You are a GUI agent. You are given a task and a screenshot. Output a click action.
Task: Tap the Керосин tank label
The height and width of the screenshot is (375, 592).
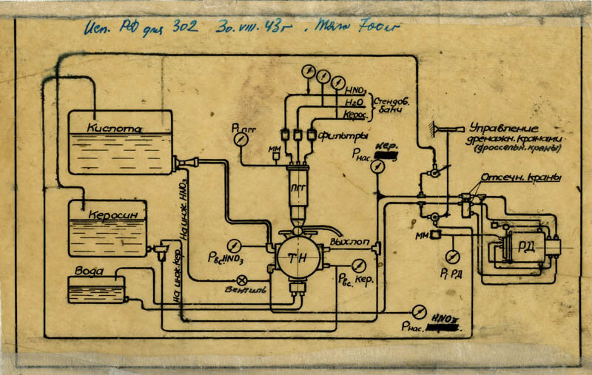coord(110,214)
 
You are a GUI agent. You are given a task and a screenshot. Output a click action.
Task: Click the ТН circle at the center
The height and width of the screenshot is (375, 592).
coord(299,255)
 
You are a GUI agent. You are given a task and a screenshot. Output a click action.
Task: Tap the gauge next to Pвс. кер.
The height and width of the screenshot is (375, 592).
coord(359,266)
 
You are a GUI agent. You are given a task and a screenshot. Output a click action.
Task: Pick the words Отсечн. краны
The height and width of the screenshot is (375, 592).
coord(521,178)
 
